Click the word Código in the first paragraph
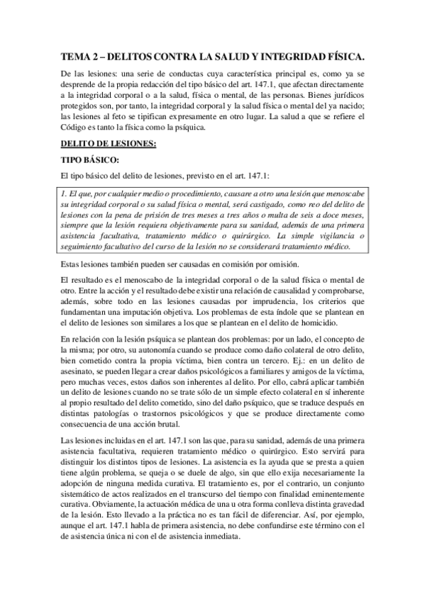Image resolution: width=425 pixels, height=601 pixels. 77,128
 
